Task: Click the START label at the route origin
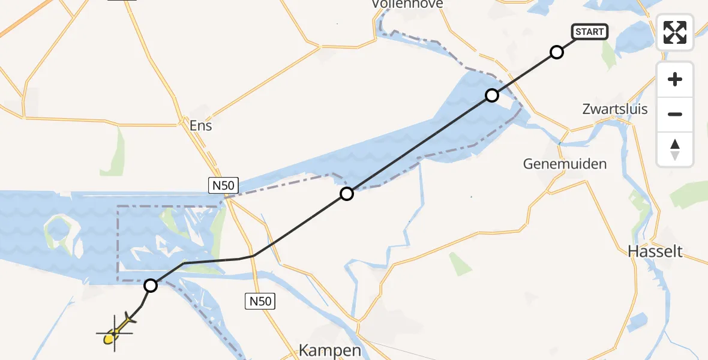point(590,32)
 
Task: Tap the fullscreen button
point(675,32)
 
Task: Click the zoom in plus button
point(675,79)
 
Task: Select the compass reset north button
point(675,149)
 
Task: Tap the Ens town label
point(200,126)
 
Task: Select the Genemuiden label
point(565,163)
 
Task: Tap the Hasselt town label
point(655,251)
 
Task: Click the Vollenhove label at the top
point(407,4)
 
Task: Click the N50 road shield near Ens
point(222,185)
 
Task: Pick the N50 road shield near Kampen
point(260,301)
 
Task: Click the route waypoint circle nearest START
point(557,52)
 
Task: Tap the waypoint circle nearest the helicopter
point(151,286)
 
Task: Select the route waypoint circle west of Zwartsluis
point(492,95)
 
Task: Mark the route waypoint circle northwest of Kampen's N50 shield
point(347,194)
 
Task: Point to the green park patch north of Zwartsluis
point(609,56)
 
